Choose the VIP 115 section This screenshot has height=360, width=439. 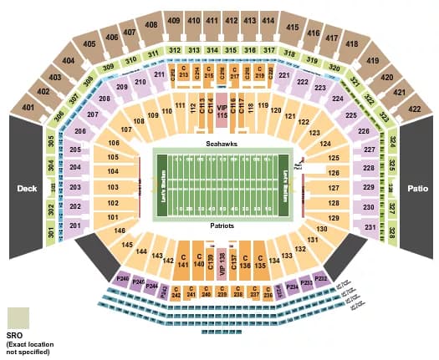coord(222,110)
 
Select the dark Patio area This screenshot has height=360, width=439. coord(416,189)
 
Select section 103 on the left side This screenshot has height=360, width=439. coord(112,187)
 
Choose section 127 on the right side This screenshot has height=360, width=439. coord(333,188)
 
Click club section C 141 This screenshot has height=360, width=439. coord(181,261)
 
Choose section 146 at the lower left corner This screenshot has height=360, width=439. coord(120,230)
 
